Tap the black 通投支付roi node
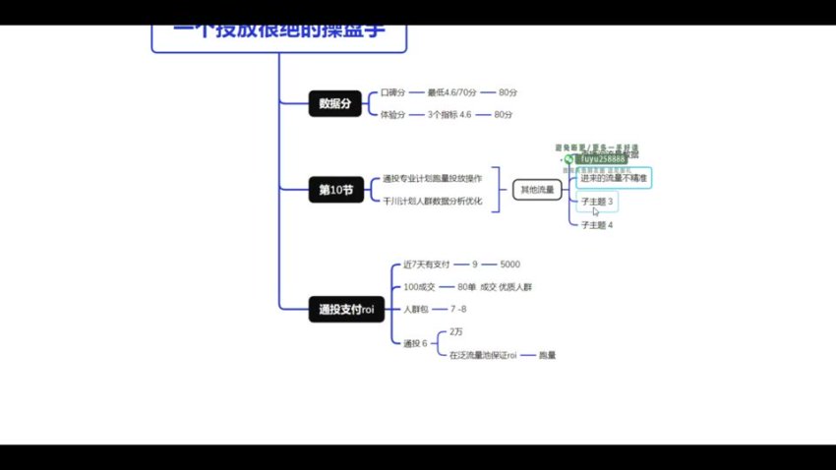tap(341, 310)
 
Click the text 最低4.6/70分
tap(451, 92)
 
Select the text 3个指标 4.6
tap(450, 115)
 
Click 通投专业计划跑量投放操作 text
tap(432, 179)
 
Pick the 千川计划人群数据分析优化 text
tap(432, 202)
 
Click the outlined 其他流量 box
tap(537, 190)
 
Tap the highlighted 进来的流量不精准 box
tap(614, 178)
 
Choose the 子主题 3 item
tap(597, 202)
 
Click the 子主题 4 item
tap(597, 225)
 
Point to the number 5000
tap(509, 264)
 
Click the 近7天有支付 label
tap(426, 264)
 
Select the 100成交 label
tap(419, 287)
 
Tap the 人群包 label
tap(414, 310)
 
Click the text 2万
tap(457, 332)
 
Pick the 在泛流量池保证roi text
tap(483, 355)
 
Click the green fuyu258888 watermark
tap(603, 158)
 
